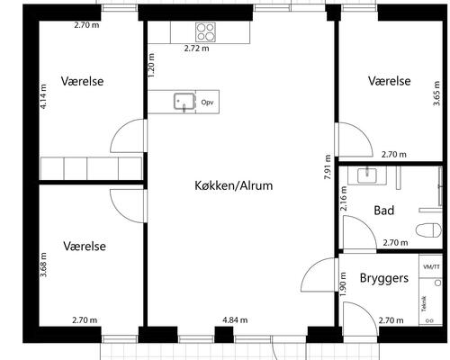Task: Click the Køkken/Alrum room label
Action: click(x=233, y=185)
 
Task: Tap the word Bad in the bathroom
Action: click(x=383, y=211)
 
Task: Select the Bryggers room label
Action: click(x=384, y=278)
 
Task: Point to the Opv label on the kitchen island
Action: click(x=208, y=103)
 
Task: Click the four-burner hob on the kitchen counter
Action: click(x=206, y=32)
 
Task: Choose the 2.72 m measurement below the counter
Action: click(x=196, y=49)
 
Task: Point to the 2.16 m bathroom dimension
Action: click(x=344, y=199)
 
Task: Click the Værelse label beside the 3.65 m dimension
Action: click(x=389, y=81)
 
